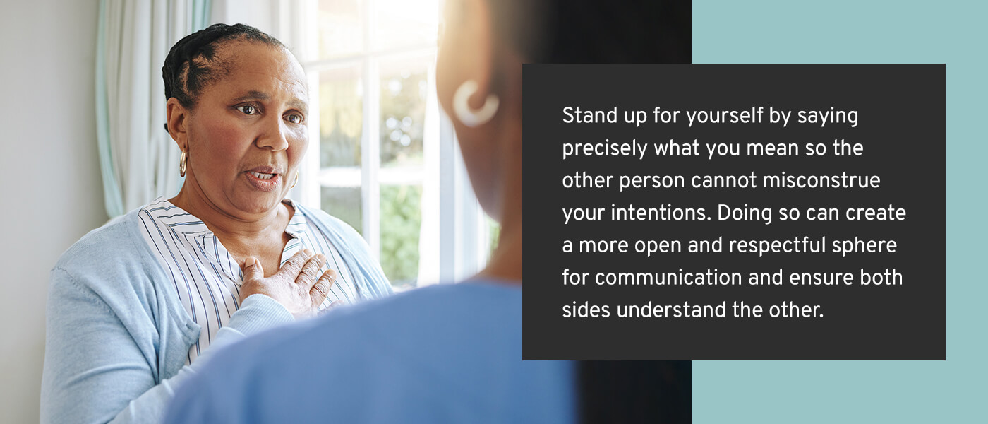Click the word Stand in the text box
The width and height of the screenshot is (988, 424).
(584, 115)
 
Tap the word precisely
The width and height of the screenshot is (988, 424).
(604, 149)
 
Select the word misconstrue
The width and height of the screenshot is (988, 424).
(821, 180)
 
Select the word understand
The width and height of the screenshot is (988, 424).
(671, 310)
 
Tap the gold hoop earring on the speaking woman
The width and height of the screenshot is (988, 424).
(183, 163)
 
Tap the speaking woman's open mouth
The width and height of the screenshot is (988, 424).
(263, 177)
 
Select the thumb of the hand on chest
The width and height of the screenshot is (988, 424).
(251, 269)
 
